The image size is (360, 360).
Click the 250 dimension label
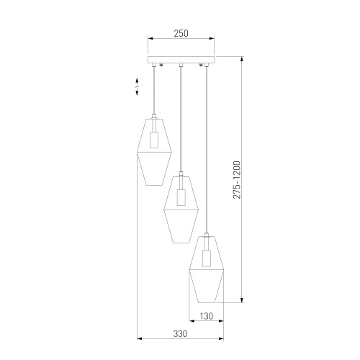click(x=181, y=33)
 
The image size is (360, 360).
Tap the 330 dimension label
click(x=180, y=333)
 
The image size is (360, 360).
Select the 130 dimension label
click(x=206, y=316)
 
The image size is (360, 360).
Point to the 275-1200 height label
click(x=237, y=180)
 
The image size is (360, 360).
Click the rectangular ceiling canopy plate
click(x=181, y=60)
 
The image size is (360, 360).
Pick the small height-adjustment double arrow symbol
click(x=137, y=86)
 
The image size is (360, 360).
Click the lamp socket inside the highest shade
click(x=154, y=140)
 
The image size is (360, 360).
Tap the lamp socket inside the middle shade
click(x=181, y=197)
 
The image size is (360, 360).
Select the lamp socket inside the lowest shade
click(x=207, y=258)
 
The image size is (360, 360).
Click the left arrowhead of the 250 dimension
click(x=150, y=38)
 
